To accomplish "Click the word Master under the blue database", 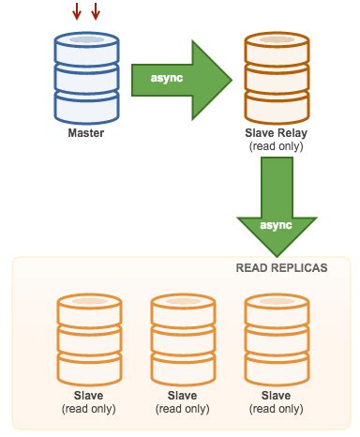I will (x=86, y=133).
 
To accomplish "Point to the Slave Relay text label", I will (x=274, y=134).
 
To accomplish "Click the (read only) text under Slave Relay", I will (x=274, y=147).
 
